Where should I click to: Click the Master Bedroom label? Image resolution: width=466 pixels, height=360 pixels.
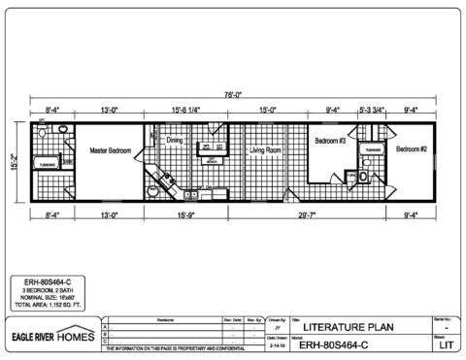click(110, 151)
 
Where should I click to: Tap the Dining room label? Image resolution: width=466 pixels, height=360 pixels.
click(175, 141)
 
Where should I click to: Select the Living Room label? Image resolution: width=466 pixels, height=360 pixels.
click(264, 151)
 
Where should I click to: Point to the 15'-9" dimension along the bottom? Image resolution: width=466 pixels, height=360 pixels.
click(186, 214)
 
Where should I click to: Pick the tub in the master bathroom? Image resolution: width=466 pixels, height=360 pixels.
click(47, 165)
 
